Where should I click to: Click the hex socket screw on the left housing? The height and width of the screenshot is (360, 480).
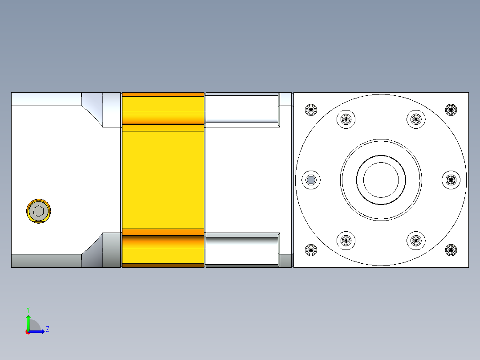coord(39,211)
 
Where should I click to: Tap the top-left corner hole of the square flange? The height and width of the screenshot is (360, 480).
coord(311,109)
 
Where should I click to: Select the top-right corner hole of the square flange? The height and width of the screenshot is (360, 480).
coord(451,109)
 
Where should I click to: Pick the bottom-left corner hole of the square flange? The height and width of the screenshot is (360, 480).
coord(311,250)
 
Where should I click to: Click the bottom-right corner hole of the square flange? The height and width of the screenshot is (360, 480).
coord(451,250)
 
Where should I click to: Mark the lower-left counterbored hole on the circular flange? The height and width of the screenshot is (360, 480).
coord(346,241)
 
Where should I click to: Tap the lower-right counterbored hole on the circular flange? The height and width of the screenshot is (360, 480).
coord(416,241)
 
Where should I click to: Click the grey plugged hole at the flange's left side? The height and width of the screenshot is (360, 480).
coord(311,180)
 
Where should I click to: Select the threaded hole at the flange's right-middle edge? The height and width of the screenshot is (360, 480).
coord(451,180)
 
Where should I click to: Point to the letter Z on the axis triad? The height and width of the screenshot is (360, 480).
coord(48,329)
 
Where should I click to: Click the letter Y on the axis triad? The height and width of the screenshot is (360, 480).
coord(28,309)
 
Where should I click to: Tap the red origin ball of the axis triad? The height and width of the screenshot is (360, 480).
coord(28,332)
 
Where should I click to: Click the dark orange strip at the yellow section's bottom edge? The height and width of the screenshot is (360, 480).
coord(163,266)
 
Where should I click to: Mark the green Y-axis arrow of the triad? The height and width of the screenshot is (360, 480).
coord(28,321)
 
